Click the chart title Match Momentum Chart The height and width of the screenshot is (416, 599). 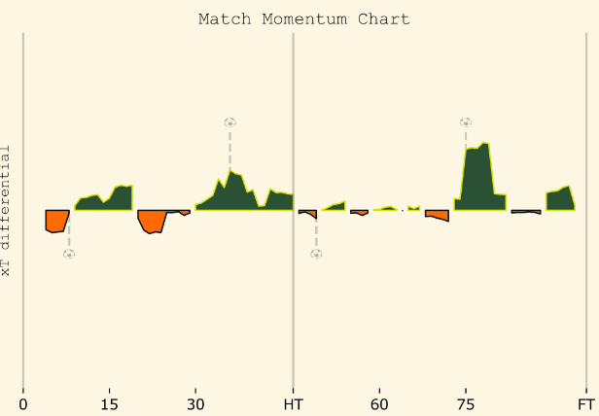[303, 19]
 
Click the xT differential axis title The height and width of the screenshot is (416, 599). [8, 211]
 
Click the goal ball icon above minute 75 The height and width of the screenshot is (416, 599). [466, 122]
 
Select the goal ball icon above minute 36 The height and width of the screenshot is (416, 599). [229, 122]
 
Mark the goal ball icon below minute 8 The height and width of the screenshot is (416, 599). [69, 254]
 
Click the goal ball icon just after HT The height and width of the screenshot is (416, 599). [316, 254]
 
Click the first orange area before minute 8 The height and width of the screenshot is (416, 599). [55, 221]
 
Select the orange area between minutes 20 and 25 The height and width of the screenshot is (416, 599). [151, 221]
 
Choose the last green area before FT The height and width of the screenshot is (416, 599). [559, 200]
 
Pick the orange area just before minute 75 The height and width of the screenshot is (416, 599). [438, 215]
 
